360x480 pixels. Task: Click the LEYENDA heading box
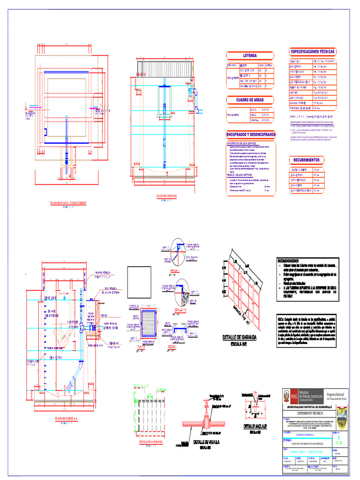pyautogui.click(x=249, y=56)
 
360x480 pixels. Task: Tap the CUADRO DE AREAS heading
pyautogui.click(x=249, y=100)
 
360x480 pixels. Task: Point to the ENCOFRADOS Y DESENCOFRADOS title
pyautogui.click(x=251, y=135)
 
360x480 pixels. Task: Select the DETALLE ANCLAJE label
pyautogui.click(x=255, y=426)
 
